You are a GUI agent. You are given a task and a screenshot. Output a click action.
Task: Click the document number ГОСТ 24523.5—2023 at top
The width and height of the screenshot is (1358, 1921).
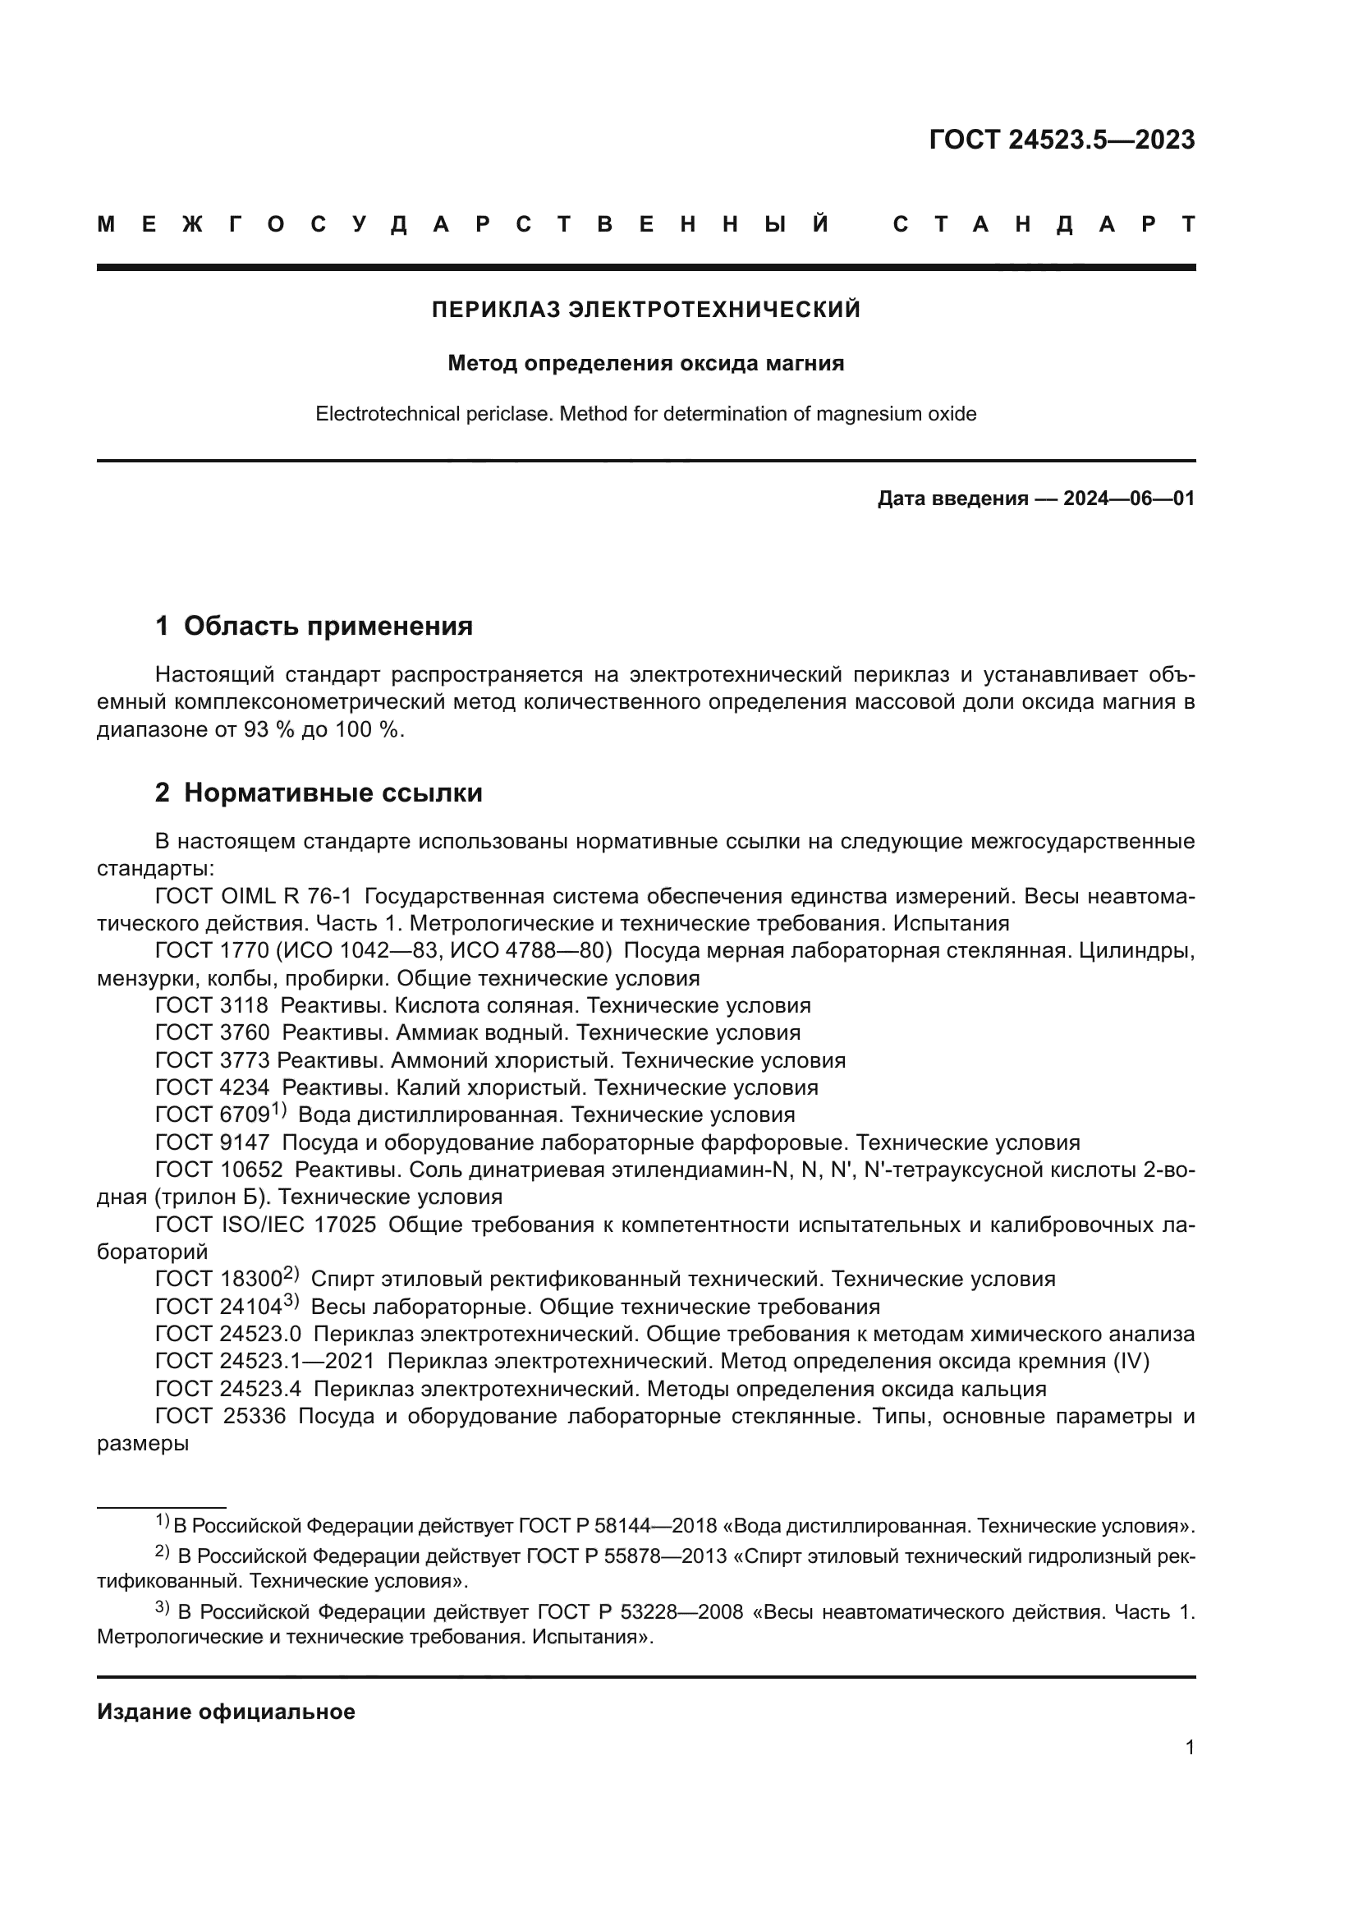tap(1061, 140)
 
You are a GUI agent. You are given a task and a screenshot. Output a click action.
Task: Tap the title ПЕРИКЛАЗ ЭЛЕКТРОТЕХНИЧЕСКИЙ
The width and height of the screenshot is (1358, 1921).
tap(645, 310)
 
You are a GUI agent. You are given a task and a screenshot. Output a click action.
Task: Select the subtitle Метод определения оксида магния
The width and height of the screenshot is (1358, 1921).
tap(645, 363)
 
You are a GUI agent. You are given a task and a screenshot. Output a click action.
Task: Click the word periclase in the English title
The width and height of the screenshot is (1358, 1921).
tap(512, 414)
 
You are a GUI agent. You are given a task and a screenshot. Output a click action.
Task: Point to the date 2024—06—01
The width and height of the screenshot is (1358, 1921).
tap(1128, 499)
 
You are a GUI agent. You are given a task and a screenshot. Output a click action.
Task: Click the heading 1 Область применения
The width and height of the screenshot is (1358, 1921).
tap(314, 626)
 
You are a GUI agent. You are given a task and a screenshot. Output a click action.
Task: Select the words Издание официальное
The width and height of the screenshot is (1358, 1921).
tap(226, 1712)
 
